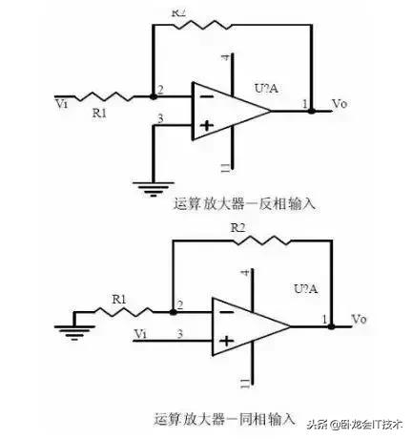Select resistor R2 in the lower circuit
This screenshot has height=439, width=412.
pyautogui.click(x=251, y=242)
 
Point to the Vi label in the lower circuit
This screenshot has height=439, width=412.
pyautogui.click(x=140, y=333)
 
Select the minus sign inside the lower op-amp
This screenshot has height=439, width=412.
pyautogui.click(x=225, y=308)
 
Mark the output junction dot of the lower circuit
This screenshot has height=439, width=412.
pyautogui.click(x=331, y=325)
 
